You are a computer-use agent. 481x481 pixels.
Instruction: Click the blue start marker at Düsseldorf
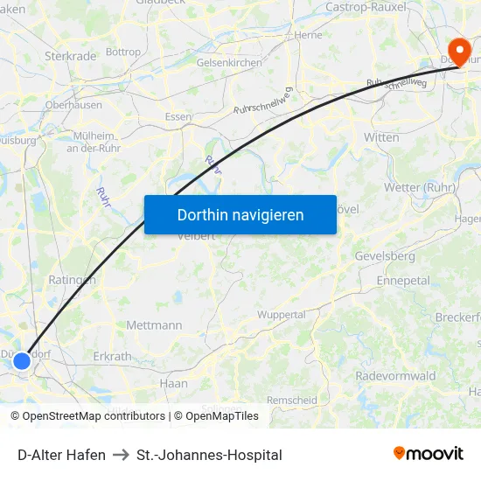coord(22,360)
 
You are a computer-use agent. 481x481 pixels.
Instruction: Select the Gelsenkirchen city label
coord(230,63)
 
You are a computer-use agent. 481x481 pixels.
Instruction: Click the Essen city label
coord(178,116)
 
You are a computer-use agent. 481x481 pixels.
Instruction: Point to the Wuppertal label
coord(282,314)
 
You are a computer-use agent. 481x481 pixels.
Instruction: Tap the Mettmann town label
coord(154,325)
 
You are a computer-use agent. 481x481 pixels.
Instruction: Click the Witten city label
coord(381,137)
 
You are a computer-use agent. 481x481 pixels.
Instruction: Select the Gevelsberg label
coord(385,255)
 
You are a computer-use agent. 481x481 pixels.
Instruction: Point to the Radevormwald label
coord(395,375)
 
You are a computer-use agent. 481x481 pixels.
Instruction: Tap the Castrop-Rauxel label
coord(366,7)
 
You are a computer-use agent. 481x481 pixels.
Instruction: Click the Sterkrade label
coord(70,56)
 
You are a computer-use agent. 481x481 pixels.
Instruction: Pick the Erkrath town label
coord(112,357)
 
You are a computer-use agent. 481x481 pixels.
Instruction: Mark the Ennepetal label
coord(403,281)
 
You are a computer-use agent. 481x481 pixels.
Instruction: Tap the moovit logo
coord(429,454)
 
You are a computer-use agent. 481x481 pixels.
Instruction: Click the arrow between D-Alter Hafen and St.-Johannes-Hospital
coord(121,455)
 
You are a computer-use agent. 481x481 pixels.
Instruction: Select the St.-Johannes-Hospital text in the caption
coord(209,455)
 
